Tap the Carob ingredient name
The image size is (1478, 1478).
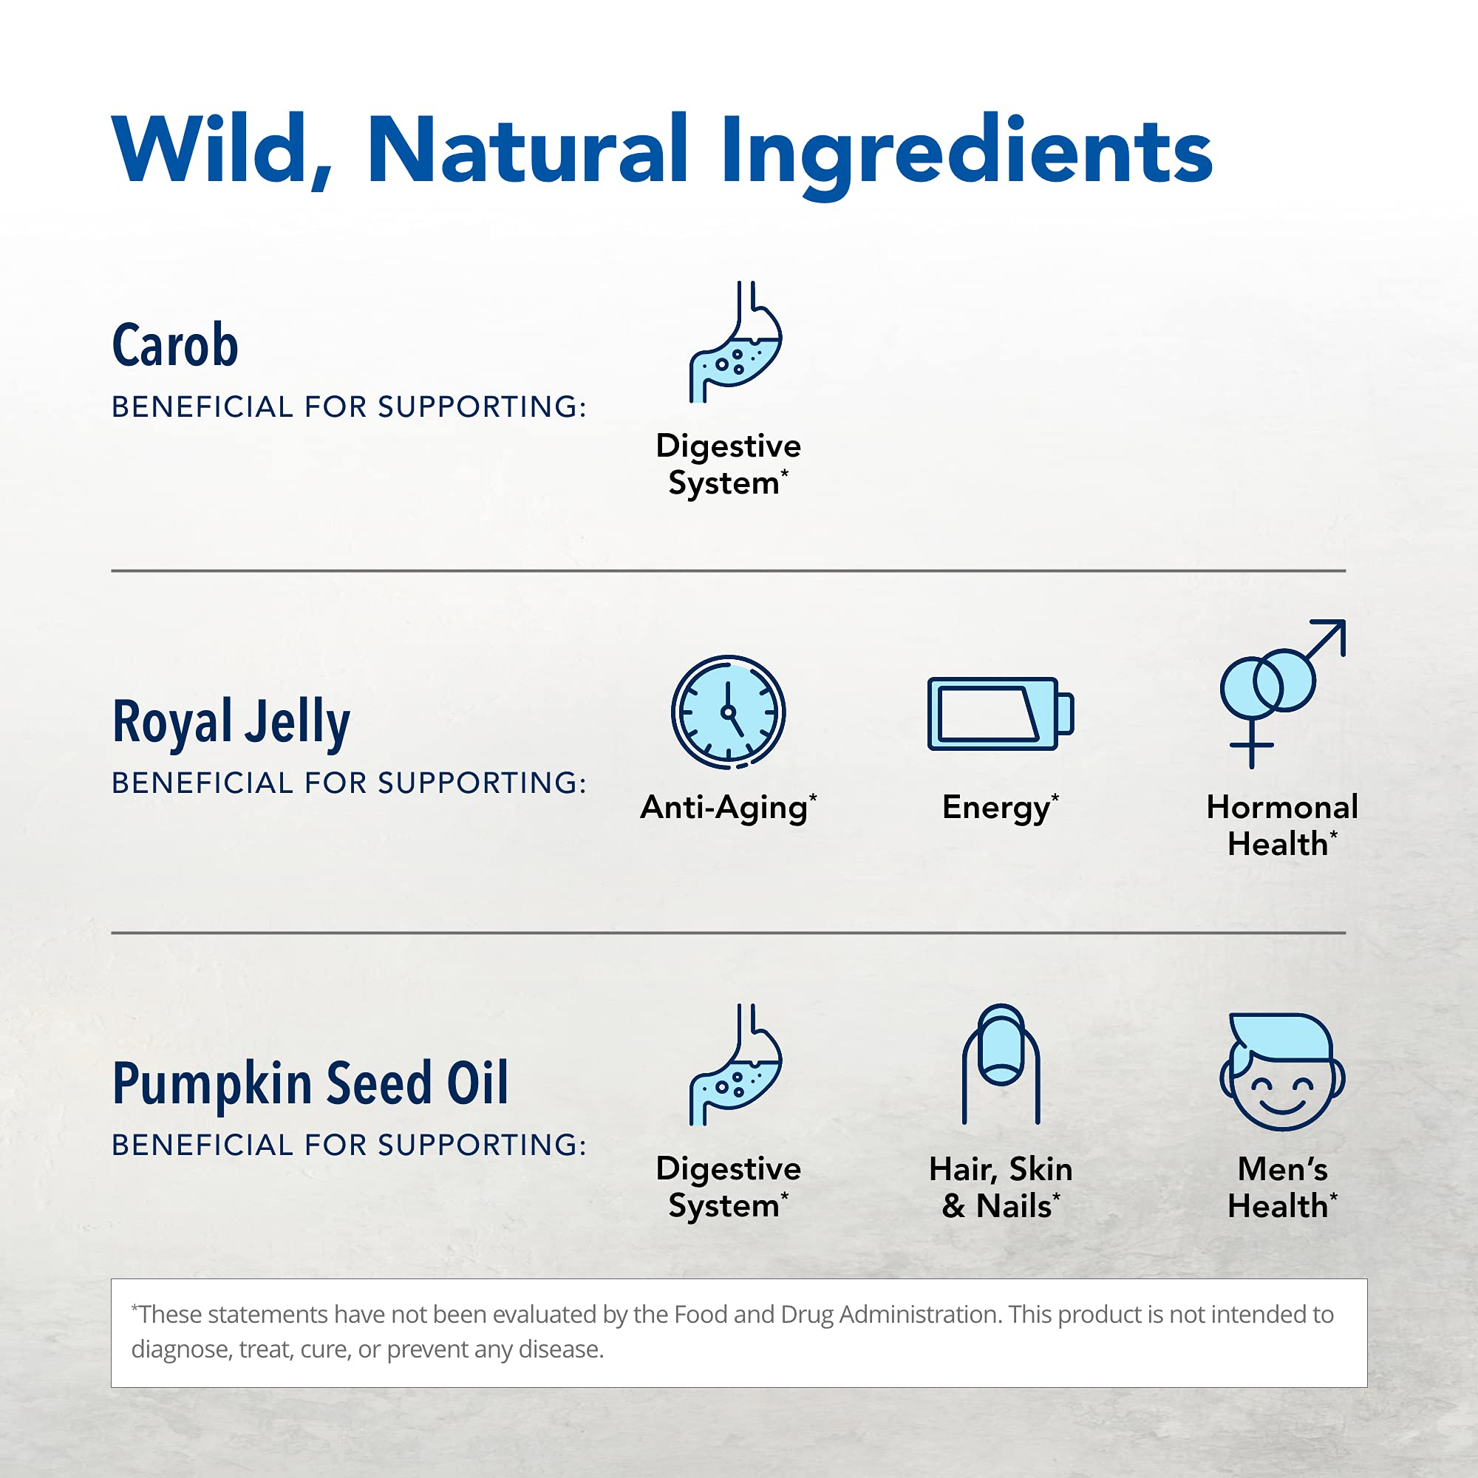[x=175, y=345]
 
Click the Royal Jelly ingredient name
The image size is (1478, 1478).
[x=231, y=721]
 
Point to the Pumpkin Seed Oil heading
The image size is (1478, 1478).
[x=310, y=1083]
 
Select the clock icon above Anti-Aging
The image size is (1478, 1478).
[x=729, y=712]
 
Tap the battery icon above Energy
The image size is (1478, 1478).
[x=1000, y=713]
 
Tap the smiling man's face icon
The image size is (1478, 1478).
[x=1282, y=1071]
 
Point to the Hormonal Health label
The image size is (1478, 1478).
[x=1282, y=825]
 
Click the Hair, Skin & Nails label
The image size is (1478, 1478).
[x=1001, y=1188]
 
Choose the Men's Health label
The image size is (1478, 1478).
[x=1282, y=1188]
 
